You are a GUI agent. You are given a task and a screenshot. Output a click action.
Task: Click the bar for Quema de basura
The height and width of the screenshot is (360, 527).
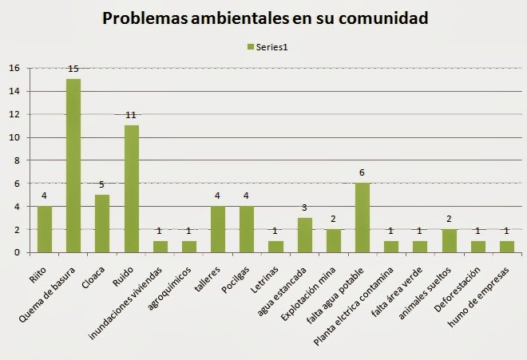(73, 166)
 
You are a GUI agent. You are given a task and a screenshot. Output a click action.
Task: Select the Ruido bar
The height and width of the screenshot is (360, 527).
(131, 188)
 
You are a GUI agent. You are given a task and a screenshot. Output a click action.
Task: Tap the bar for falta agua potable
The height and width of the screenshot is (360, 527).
(362, 217)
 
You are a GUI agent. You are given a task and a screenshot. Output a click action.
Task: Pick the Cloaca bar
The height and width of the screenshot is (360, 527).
(102, 224)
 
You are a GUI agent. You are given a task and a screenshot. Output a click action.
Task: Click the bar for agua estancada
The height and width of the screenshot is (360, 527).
(304, 235)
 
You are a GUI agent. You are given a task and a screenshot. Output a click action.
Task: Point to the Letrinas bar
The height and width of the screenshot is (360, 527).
(275, 247)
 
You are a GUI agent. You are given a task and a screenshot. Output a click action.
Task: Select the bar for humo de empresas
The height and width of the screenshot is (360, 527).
(506, 247)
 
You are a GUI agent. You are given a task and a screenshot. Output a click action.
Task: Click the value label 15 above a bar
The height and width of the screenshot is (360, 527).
(73, 70)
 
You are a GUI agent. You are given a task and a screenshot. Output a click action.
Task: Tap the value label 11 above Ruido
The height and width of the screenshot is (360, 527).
(131, 116)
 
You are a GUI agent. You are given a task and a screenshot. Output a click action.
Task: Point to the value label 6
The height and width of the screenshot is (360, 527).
(362, 173)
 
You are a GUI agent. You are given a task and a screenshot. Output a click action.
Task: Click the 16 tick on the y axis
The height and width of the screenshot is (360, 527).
(14, 68)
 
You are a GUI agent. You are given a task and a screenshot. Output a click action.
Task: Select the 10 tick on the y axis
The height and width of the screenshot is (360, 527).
(14, 137)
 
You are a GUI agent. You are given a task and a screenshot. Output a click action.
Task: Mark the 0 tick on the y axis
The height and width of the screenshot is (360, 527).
(16, 252)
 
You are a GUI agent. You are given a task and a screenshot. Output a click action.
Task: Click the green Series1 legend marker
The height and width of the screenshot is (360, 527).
(249, 46)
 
